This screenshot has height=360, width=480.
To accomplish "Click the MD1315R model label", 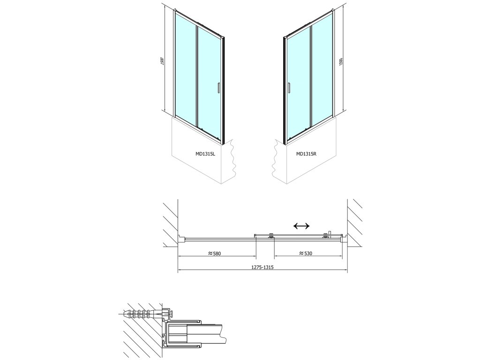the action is click(307, 153).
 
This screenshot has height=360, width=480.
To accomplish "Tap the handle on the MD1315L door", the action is click(218, 88).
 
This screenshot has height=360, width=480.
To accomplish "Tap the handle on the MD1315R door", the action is click(289, 88).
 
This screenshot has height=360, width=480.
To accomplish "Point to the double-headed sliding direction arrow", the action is click(301, 226).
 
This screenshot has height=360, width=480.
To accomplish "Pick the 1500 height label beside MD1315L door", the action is click(162, 63).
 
